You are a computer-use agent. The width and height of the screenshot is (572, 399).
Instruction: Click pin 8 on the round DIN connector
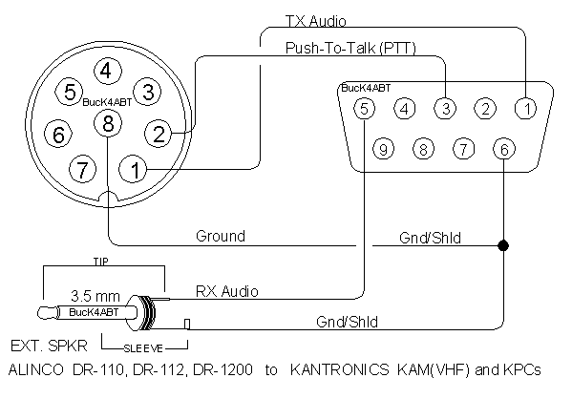click(x=108, y=123)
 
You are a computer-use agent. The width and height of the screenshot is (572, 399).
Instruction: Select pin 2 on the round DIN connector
click(x=159, y=134)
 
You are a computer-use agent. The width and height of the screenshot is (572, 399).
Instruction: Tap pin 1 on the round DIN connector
click(x=134, y=169)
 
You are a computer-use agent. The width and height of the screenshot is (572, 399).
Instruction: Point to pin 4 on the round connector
click(x=108, y=71)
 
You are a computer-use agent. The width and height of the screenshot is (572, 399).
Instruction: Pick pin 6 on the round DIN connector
click(x=58, y=135)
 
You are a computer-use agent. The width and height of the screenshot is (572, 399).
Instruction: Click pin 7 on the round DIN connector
click(x=83, y=169)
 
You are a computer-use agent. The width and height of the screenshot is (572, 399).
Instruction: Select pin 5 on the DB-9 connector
click(x=364, y=108)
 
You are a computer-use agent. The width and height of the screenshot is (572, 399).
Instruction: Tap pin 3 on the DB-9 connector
click(x=445, y=108)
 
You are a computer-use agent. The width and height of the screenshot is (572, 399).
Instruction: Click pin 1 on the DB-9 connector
click(x=525, y=108)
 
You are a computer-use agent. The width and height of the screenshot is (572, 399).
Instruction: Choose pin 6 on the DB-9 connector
click(x=504, y=149)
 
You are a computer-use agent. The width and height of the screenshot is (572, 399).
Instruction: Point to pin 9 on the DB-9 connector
click(x=383, y=149)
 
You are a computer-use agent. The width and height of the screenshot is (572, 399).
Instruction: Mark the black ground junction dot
click(x=503, y=245)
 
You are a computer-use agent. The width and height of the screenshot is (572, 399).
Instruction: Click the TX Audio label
click(x=315, y=21)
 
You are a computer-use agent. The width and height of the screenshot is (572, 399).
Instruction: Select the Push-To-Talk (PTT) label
click(x=350, y=48)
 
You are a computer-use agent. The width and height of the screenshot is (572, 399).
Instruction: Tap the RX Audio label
click(x=227, y=291)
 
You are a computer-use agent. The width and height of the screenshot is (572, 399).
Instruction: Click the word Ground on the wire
click(x=221, y=236)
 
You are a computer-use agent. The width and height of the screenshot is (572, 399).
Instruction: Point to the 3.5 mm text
click(x=95, y=296)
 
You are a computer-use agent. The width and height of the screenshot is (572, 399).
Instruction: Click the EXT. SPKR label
click(x=49, y=346)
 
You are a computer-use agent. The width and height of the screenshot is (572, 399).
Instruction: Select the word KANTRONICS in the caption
click(x=340, y=369)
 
